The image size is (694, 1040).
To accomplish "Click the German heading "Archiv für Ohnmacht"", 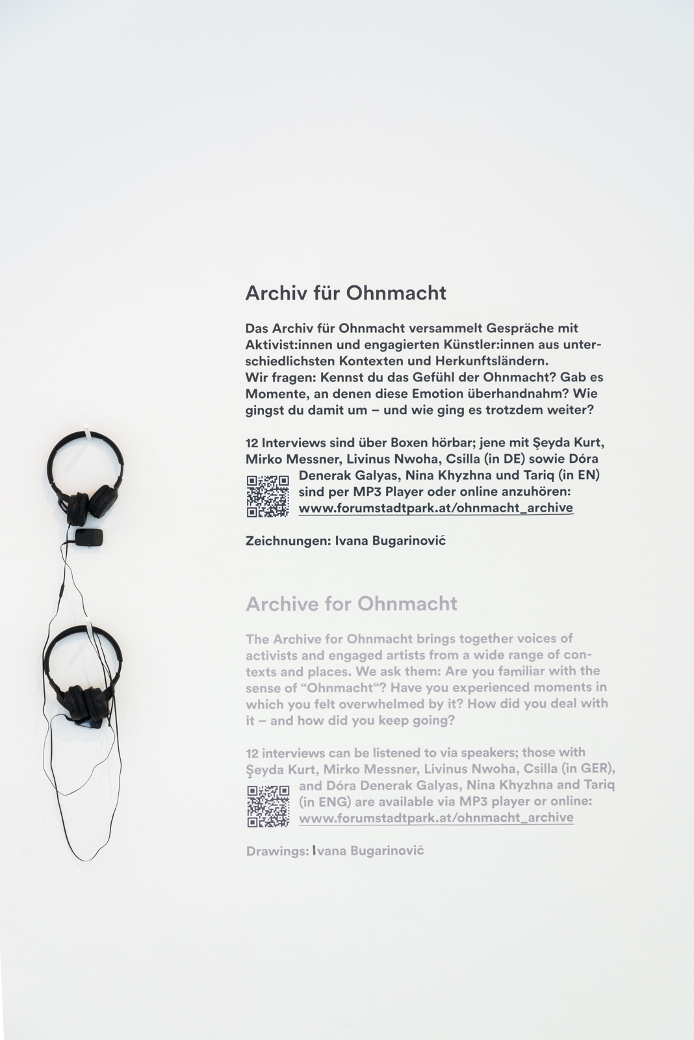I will pyautogui.click(x=346, y=293).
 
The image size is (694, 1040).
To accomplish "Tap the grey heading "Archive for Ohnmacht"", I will pyautogui.click(x=352, y=604).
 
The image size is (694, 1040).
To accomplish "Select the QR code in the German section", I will pyautogui.click(x=268, y=496).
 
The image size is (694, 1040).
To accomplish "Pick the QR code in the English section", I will pyautogui.click(x=268, y=806).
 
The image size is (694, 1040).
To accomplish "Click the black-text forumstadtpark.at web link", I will pyautogui.click(x=436, y=508).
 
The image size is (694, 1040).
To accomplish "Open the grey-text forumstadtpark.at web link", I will pyautogui.click(x=436, y=818).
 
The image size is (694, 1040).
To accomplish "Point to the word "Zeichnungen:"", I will pyautogui.click(x=287, y=541).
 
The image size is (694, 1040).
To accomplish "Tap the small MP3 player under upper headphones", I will pyautogui.click(x=88, y=537).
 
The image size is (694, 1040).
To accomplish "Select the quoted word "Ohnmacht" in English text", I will pyautogui.click(x=343, y=688).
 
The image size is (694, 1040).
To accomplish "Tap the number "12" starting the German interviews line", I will pyautogui.click(x=252, y=443).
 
